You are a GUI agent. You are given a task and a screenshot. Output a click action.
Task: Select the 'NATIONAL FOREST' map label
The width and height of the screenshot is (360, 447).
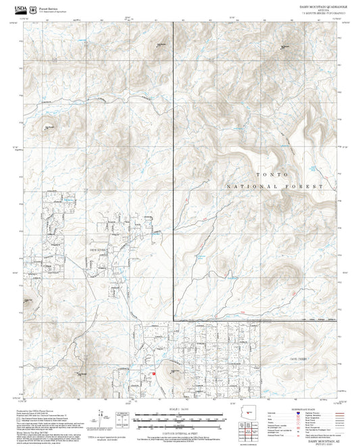click(276, 186)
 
